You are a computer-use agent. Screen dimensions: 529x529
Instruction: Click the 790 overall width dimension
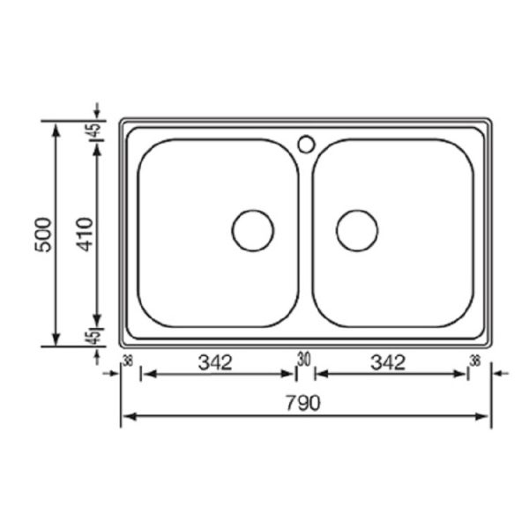point(302,403)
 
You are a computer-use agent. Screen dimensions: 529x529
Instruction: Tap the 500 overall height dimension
point(43,235)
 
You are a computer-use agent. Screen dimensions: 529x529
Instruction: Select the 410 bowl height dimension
point(85,235)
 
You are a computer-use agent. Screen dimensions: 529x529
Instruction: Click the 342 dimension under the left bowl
point(215,362)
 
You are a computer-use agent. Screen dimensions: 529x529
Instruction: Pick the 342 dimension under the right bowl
point(388,362)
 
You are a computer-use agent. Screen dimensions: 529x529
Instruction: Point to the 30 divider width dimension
point(304,359)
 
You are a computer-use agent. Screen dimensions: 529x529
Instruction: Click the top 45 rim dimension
point(95,130)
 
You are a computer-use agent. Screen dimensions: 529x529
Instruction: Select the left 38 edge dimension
point(128,361)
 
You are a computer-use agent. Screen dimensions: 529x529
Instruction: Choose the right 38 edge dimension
point(474,361)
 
